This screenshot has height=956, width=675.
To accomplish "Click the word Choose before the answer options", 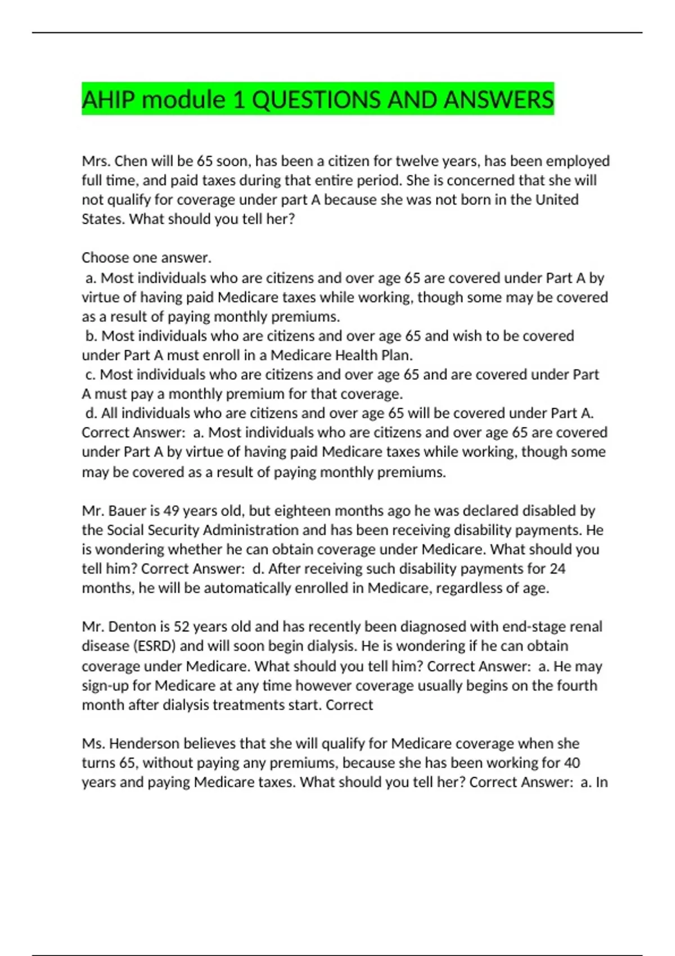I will click(107, 258).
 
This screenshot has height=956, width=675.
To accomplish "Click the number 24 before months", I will click(557, 569).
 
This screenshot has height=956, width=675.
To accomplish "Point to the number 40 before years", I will click(571, 763).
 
